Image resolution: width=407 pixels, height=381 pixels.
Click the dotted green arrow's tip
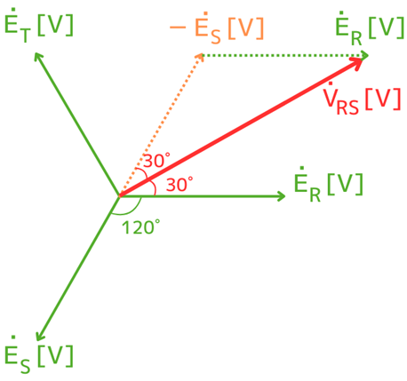(368, 55)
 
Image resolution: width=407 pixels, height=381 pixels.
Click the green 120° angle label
(140, 227)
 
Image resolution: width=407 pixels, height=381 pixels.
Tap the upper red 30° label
(157, 160)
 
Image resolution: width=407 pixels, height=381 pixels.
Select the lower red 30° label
(180, 184)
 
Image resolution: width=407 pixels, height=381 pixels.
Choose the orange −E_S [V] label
(217, 28)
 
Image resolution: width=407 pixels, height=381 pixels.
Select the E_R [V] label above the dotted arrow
(370, 28)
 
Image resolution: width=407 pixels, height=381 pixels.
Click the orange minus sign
(178, 28)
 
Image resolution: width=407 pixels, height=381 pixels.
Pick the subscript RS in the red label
(347, 107)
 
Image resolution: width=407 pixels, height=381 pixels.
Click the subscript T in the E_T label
(26, 36)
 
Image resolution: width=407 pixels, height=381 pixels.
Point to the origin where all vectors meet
(119, 196)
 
